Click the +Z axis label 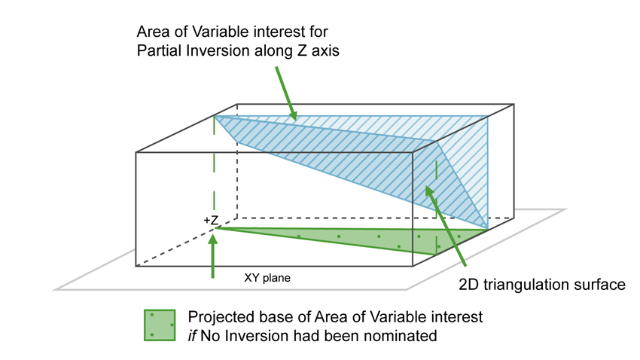pos(211,221)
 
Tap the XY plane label pos(267,278)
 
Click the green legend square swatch pos(160,325)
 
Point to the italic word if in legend pos(194,336)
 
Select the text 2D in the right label pos(469,285)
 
